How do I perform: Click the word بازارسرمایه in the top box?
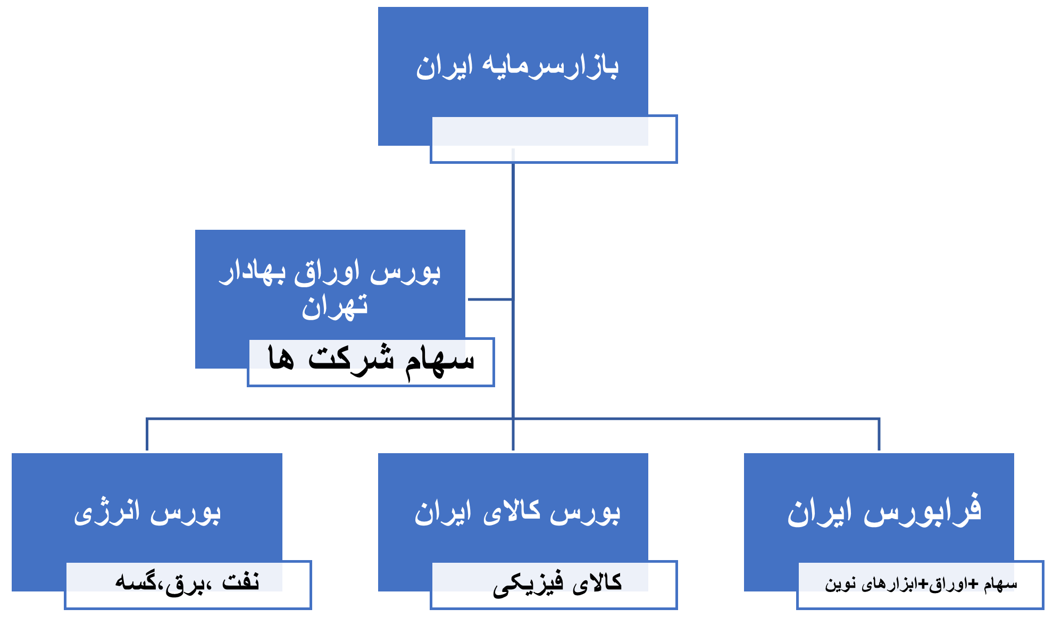[550, 67]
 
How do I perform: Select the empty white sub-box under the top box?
[554, 139]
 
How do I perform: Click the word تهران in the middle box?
[335, 307]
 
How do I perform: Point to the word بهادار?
[253, 272]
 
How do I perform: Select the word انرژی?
[106, 513]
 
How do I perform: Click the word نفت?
[240, 582]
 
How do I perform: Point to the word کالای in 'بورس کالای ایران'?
[512, 513]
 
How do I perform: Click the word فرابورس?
[922, 511]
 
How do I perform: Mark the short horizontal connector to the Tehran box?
[490, 299]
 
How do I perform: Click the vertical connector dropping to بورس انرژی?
[147, 435]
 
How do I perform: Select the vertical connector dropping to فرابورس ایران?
[879, 435]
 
